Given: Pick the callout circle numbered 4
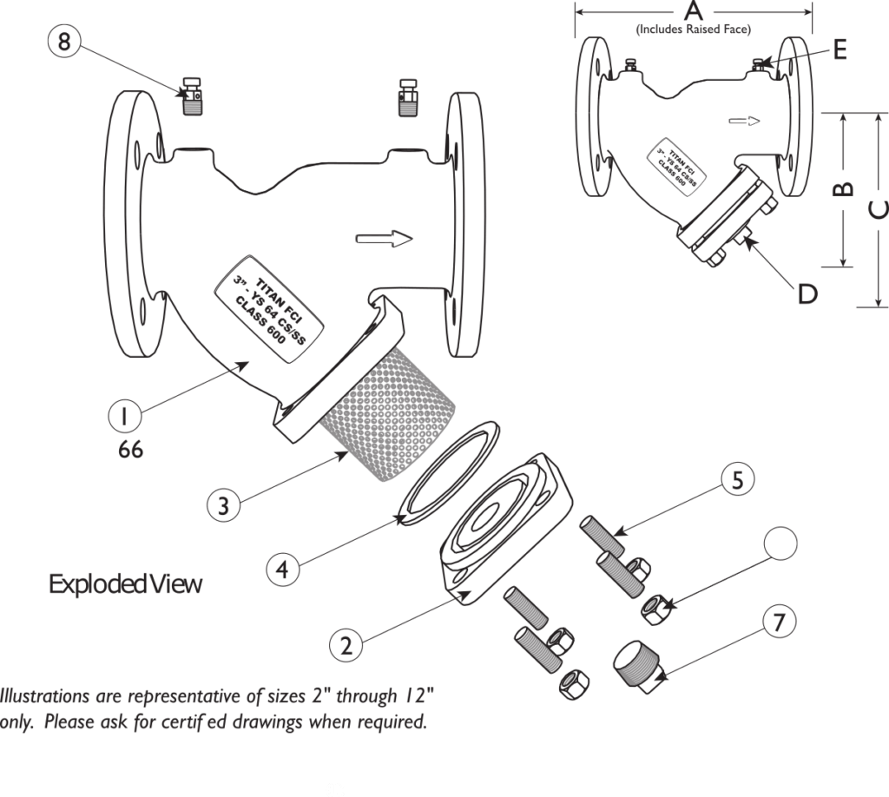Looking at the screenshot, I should click(283, 570).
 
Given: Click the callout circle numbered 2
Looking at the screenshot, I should click(346, 645).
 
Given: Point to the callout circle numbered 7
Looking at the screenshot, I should click(780, 622).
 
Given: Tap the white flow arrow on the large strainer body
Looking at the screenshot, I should click(386, 239).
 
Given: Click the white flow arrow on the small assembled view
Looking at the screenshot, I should click(744, 122).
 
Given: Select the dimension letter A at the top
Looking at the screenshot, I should click(693, 11).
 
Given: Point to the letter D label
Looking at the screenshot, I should click(808, 294).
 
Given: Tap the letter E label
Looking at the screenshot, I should click(839, 50).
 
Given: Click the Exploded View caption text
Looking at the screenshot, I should click(126, 584).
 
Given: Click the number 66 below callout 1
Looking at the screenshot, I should click(132, 451).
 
